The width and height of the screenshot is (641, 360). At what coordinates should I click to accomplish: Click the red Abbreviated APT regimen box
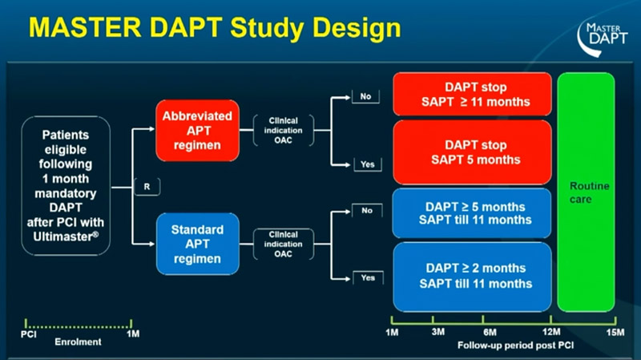pos(192,128)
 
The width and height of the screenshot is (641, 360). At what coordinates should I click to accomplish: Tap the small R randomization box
pos(149,186)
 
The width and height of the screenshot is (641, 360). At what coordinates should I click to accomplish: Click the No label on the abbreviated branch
pos(365,96)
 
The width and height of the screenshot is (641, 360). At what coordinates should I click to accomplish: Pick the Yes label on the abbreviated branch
pos(366,164)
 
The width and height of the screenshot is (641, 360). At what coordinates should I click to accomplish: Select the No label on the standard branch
pos(365,211)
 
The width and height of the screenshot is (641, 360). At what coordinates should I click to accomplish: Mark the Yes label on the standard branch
pos(366,278)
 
